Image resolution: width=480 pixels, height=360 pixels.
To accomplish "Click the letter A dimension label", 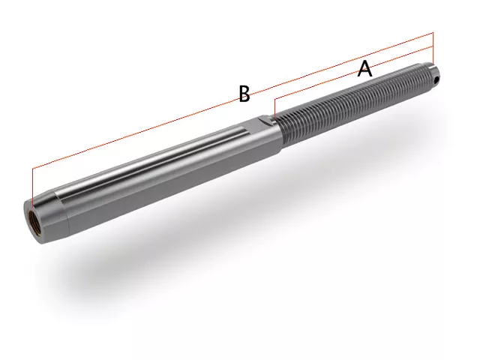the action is click(x=365, y=69).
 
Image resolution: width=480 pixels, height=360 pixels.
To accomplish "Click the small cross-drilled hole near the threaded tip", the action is click(x=436, y=80).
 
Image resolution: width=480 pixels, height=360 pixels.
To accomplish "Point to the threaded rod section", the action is click(x=355, y=104).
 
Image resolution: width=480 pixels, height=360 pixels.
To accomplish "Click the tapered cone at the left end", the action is click(x=46, y=217).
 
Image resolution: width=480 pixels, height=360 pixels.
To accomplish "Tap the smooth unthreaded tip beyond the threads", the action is click(x=433, y=72).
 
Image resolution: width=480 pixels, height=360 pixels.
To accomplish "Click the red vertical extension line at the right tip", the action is click(x=433, y=47).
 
